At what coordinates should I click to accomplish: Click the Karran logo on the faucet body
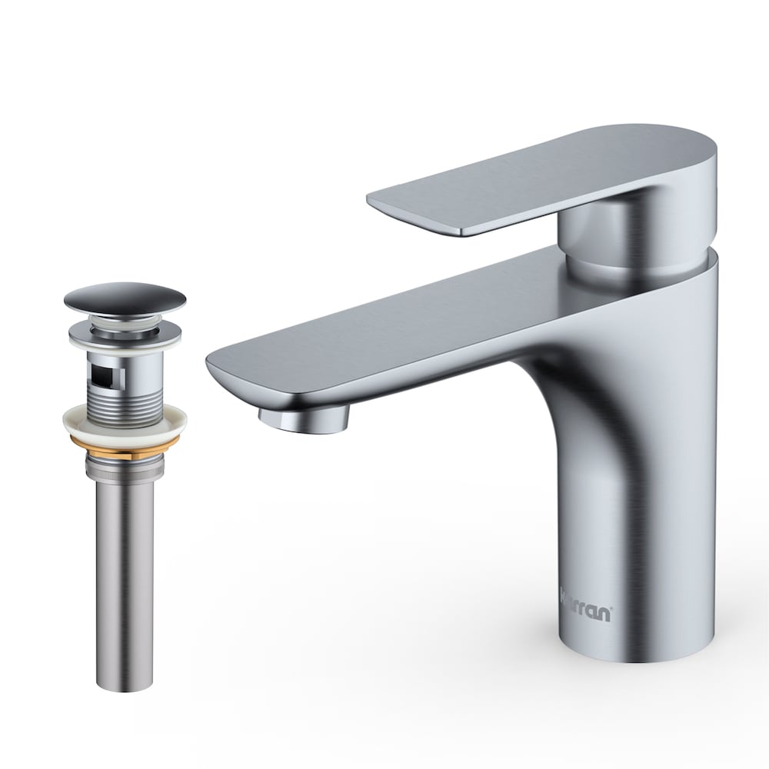(x=587, y=614)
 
